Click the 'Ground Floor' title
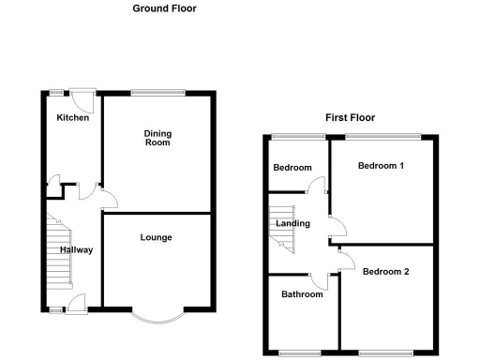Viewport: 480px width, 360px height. (x=164, y=8)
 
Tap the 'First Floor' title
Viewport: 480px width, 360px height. (x=350, y=118)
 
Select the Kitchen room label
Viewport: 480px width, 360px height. (x=72, y=118)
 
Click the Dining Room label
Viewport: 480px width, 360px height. (x=157, y=138)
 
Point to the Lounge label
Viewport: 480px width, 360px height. (x=157, y=237)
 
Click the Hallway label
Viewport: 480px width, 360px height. (x=77, y=250)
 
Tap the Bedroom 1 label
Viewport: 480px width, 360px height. (x=381, y=167)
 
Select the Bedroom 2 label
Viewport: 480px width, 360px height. (x=386, y=272)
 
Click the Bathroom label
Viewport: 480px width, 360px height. (x=302, y=294)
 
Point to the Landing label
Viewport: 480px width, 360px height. (x=292, y=223)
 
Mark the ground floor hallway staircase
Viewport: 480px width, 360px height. (x=59, y=251)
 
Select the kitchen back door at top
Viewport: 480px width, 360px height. (x=85, y=97)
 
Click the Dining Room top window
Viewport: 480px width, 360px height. (x=157, y=91)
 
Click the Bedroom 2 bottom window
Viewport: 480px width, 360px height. (x=384, y=352)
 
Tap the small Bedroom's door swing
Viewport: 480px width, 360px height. (x=320, y=184)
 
